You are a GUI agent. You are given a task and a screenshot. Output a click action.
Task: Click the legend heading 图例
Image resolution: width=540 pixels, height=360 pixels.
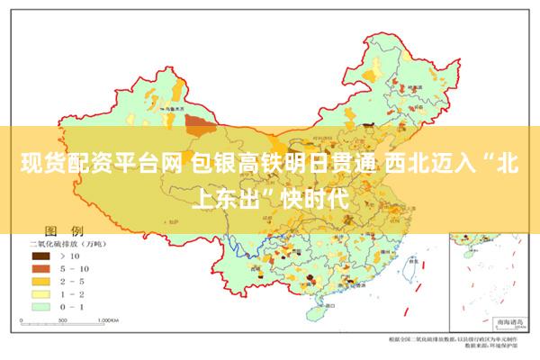63,231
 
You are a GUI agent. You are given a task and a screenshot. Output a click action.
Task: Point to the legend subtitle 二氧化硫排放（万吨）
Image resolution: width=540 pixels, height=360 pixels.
68,244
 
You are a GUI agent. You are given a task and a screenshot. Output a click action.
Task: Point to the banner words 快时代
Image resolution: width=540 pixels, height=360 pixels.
311,194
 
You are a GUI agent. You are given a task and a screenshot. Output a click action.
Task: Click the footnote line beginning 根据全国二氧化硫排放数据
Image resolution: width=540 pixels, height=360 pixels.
459,338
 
